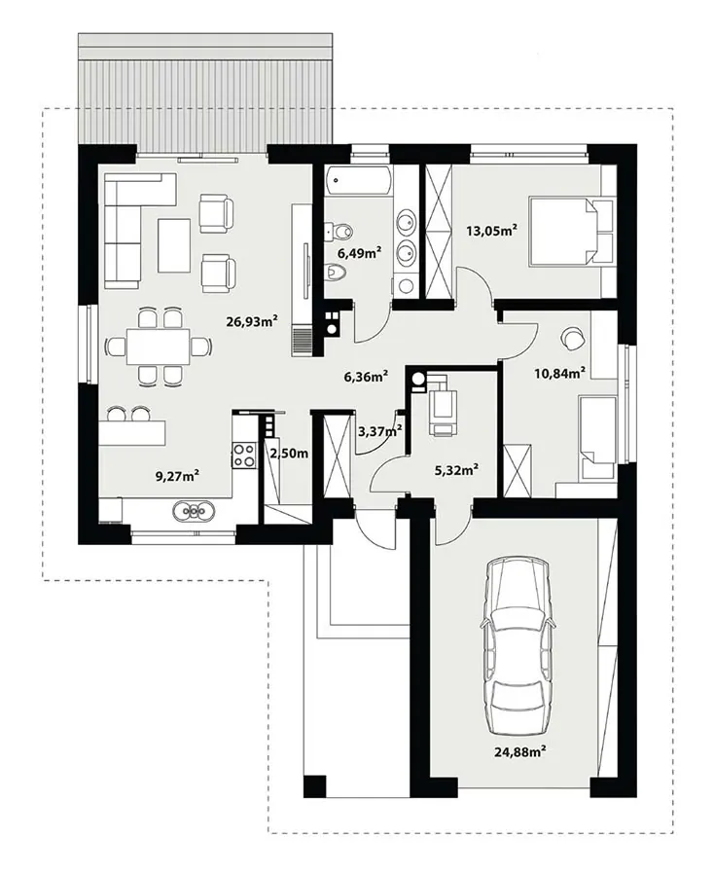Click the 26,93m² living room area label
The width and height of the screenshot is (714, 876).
252,320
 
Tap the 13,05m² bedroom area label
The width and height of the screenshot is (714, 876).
491,230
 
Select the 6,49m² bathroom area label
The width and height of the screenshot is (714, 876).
360,252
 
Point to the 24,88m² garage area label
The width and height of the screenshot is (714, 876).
519,752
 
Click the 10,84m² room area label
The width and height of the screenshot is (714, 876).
560,373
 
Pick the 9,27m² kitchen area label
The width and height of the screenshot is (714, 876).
177,476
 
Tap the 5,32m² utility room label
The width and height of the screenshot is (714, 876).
456,470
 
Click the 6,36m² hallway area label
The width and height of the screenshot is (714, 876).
367,377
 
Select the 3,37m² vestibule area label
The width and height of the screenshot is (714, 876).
380,431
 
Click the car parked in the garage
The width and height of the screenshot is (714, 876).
518,644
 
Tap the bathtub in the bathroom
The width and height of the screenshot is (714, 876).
359,181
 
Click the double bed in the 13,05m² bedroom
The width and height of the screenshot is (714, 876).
571,230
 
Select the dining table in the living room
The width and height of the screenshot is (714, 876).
159,347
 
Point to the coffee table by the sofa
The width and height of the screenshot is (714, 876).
173,245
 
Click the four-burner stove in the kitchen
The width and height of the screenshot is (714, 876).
244,455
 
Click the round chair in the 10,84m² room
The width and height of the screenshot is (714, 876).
572,338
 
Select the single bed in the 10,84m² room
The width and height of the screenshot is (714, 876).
598,437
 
